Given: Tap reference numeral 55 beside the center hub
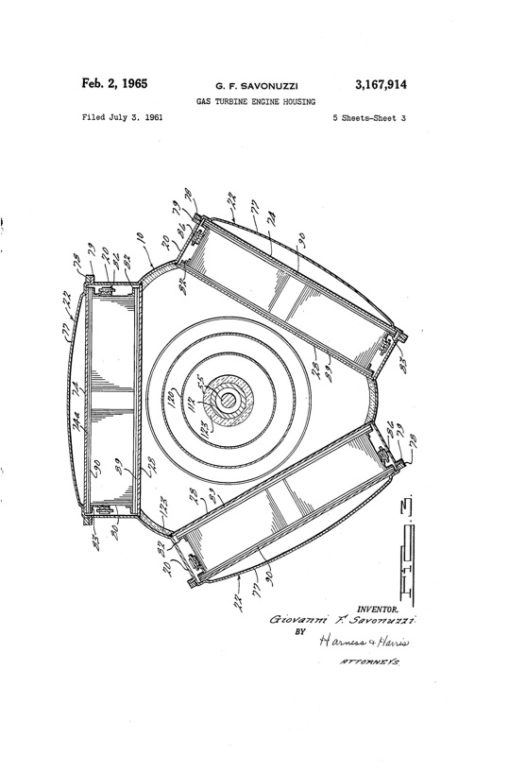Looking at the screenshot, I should pyautogui.click(x=200, y=387).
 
